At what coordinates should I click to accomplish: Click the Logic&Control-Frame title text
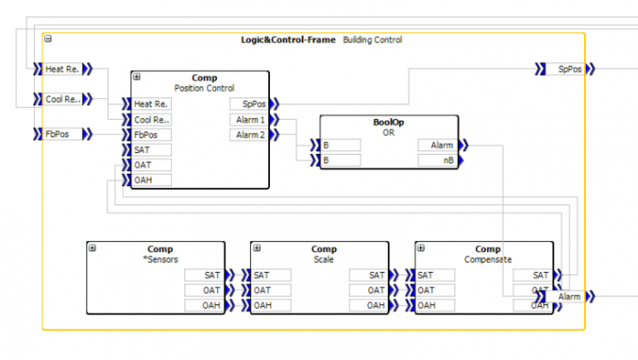click(288, 40)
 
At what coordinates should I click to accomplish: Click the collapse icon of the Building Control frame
click(48, 39)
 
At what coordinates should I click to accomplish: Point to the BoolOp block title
click(389, 121)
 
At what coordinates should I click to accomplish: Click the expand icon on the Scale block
click(257, 247)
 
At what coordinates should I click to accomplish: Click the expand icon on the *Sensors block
click(93, 247)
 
